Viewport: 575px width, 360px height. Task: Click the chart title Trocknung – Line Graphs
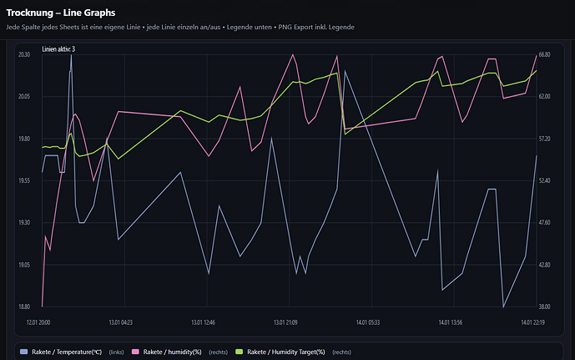[x=61, y=13]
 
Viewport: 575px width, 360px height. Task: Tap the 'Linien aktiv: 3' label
[x=58, y=50]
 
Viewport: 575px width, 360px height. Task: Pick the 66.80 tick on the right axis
[x=545, y=54]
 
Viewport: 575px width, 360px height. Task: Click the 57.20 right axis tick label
[x=545, y=139]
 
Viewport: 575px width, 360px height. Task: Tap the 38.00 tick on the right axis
[x=545, y=307]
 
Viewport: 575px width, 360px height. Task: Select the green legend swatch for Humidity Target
[x=240, y=352]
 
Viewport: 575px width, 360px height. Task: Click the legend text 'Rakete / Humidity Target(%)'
[x=286, y=352]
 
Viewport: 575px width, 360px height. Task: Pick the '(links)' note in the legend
[x=119, y=352]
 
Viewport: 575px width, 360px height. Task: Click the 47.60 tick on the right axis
[x=545, y=222]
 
